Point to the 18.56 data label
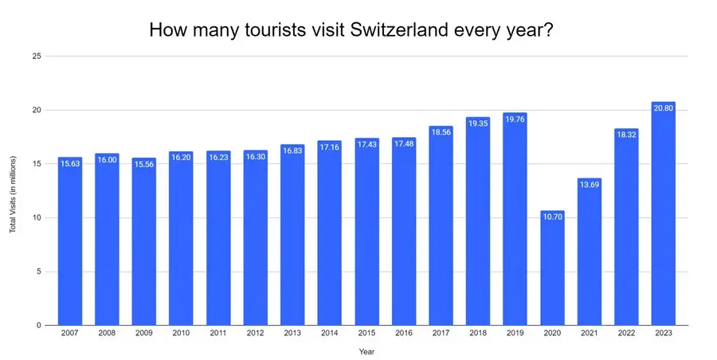(x=441, y=131)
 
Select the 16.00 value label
(x=107, y=159)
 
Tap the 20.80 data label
(x=663, y=108)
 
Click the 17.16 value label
(x=329, y=147)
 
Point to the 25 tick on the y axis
(x=37, y=56)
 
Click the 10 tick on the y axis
(x=37, y=217)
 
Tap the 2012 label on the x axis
(x=255, y=335)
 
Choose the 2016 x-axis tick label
(x=403, y=335)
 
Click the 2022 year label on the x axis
(x=625, y=335)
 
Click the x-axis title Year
(x=366, y=350)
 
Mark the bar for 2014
(x=329, y=235)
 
